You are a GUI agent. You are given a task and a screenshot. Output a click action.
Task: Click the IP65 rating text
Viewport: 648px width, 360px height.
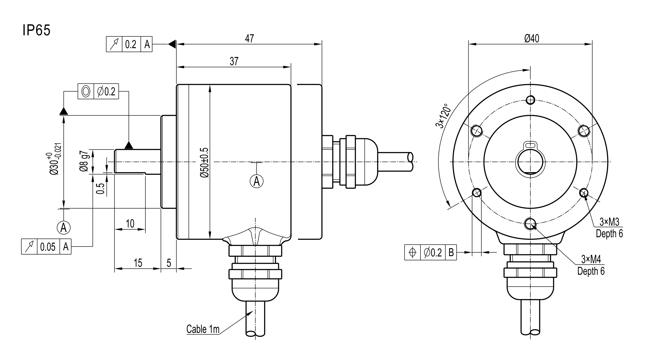pos(36,30)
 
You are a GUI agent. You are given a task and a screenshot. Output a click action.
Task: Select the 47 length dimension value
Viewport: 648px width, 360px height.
pos(249,39)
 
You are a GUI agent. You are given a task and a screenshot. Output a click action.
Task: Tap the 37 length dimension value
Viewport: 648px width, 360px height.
pos(234,62)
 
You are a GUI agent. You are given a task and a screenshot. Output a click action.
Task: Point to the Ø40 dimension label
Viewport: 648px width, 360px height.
pos(532,38)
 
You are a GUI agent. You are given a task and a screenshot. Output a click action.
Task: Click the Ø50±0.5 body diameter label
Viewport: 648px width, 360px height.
pos(204,163)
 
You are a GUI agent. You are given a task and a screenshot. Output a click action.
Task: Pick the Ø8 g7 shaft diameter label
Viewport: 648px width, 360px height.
pos(84,161)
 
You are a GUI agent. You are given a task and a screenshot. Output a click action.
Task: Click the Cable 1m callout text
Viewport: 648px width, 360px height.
pos(203,329)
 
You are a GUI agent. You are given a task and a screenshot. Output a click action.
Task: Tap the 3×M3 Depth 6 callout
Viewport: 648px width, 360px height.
pos(609,228)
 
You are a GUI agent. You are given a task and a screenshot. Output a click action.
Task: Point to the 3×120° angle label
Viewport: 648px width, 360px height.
pos(443,116)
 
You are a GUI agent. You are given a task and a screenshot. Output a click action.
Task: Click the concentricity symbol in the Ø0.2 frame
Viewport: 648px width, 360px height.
pos(86,91)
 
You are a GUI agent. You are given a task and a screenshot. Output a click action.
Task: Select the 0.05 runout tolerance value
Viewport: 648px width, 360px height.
pos(48,247)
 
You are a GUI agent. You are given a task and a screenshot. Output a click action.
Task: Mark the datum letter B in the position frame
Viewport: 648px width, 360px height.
pos(451,252)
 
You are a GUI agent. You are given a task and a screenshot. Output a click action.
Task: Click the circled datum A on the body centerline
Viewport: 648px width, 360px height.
pos(257,181)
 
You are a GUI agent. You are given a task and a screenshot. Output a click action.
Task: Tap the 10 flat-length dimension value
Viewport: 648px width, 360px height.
pos(130,224)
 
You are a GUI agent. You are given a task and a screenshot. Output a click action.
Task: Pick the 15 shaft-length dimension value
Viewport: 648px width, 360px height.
pos(138,263)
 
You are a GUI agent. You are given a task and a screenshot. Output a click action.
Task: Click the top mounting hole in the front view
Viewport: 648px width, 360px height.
pos(530,100)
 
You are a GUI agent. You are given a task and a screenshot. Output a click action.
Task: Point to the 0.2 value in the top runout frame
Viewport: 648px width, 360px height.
pos(131,44)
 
